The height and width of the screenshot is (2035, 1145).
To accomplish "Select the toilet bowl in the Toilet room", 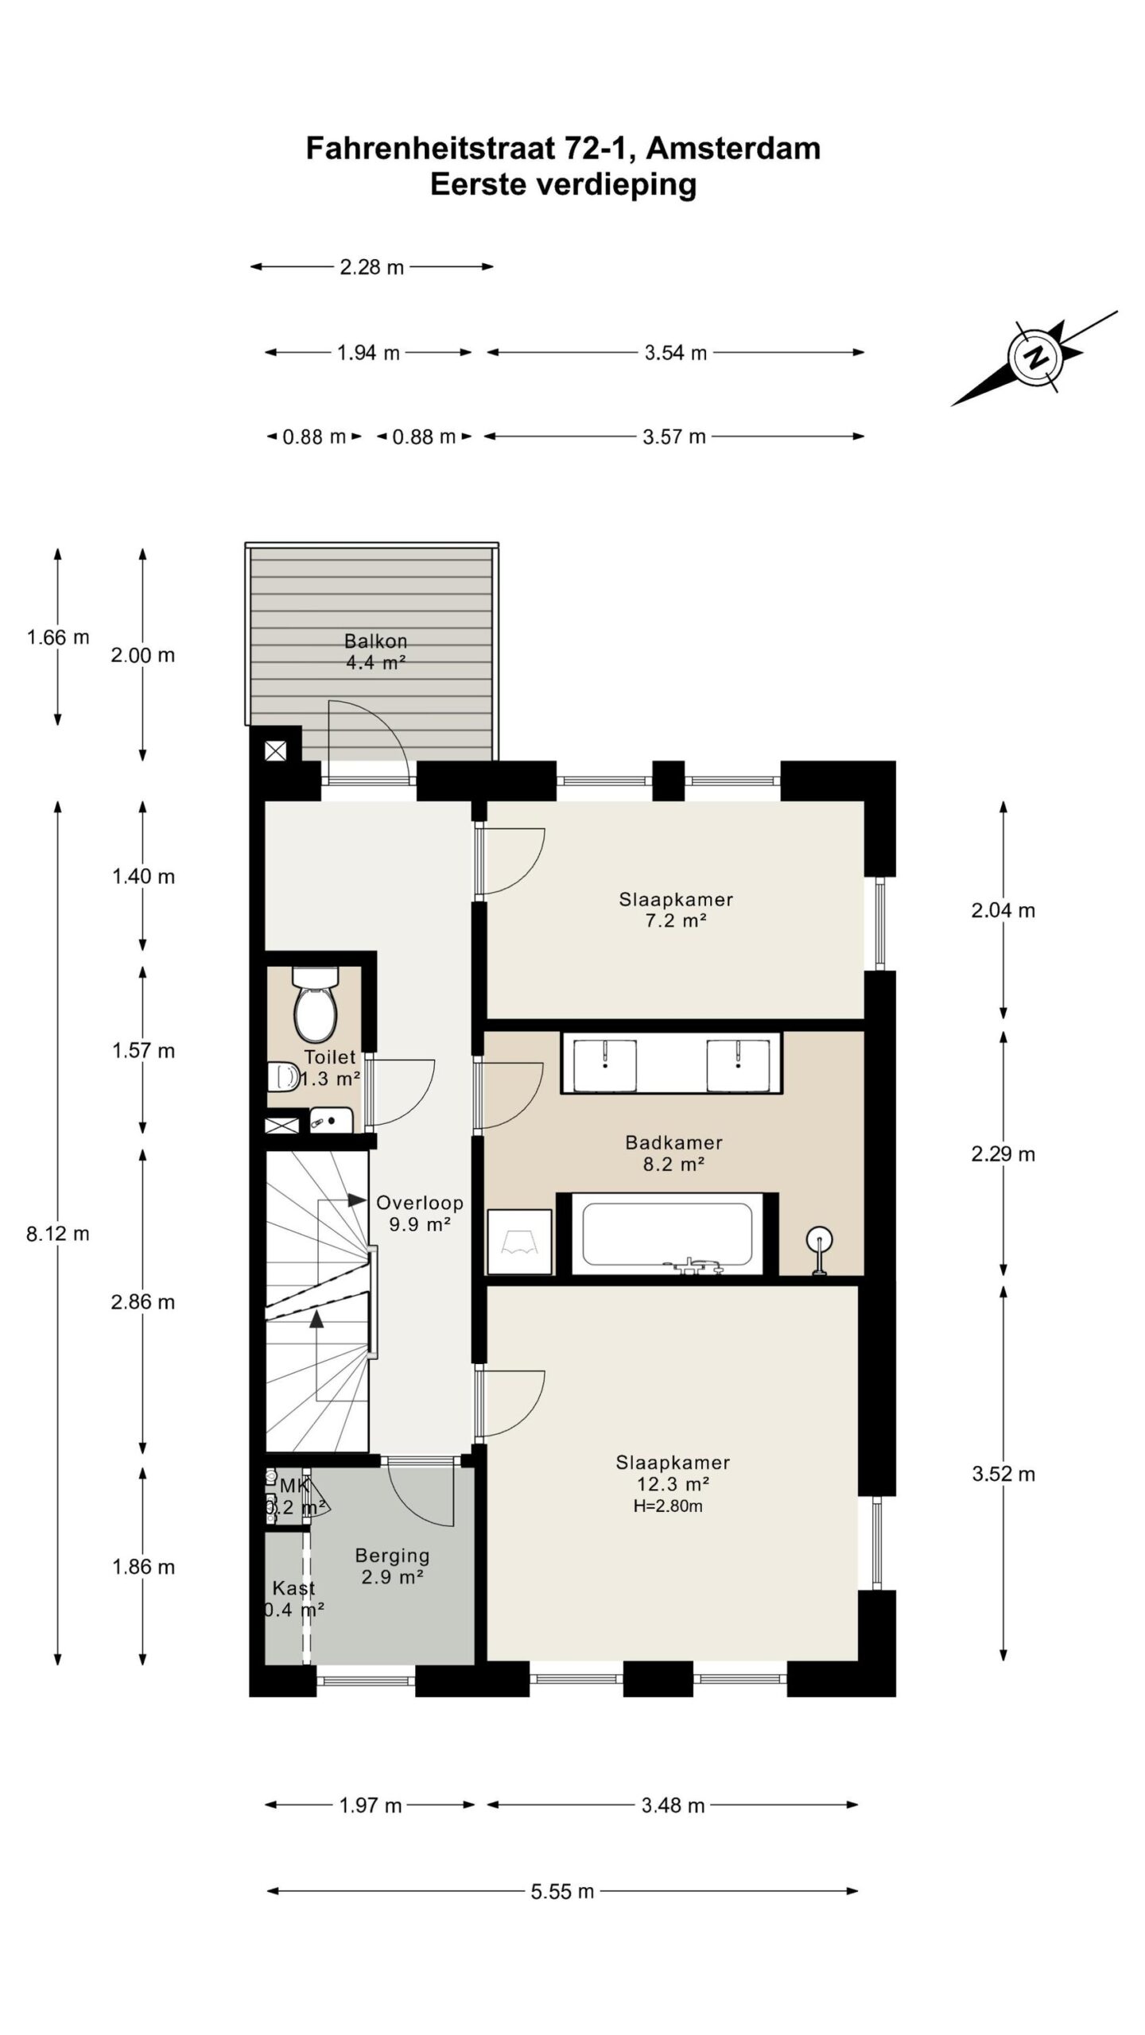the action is [316, 1003].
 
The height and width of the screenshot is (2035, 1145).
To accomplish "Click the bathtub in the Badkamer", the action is [667, 1235].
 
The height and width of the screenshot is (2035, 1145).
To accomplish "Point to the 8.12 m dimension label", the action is [58, 1233].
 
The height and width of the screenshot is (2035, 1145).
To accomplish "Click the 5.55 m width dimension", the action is [562, 1890].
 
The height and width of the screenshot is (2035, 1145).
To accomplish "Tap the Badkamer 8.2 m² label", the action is [673, 1153].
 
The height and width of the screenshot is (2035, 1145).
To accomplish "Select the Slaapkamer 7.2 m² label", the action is [675, 910].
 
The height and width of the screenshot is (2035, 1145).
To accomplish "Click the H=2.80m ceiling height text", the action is [668, 1506].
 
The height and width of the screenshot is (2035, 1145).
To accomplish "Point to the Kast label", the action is [293, 1587].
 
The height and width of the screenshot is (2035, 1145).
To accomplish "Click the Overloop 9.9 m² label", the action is [419, 1213].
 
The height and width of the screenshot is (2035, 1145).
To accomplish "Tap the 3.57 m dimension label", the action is [674, 436].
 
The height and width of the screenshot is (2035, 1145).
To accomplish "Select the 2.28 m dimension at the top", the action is [372, 267].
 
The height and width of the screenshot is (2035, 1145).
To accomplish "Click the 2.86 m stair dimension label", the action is [143, 1302].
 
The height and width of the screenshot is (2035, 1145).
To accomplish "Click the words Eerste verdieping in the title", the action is [564, 184].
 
